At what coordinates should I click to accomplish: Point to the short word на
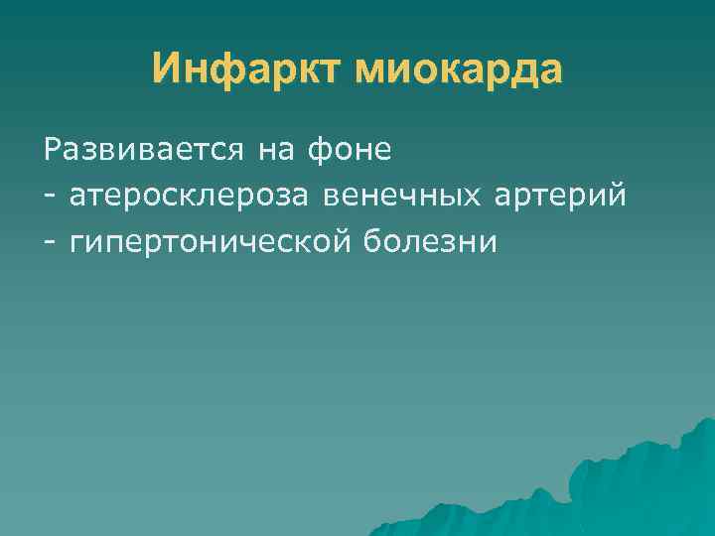(277, 151)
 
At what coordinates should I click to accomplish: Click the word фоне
(350, 151)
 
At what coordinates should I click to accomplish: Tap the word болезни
(428, 241)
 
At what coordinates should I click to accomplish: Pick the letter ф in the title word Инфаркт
(224, 71)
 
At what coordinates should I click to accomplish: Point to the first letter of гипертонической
(78, 243)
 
